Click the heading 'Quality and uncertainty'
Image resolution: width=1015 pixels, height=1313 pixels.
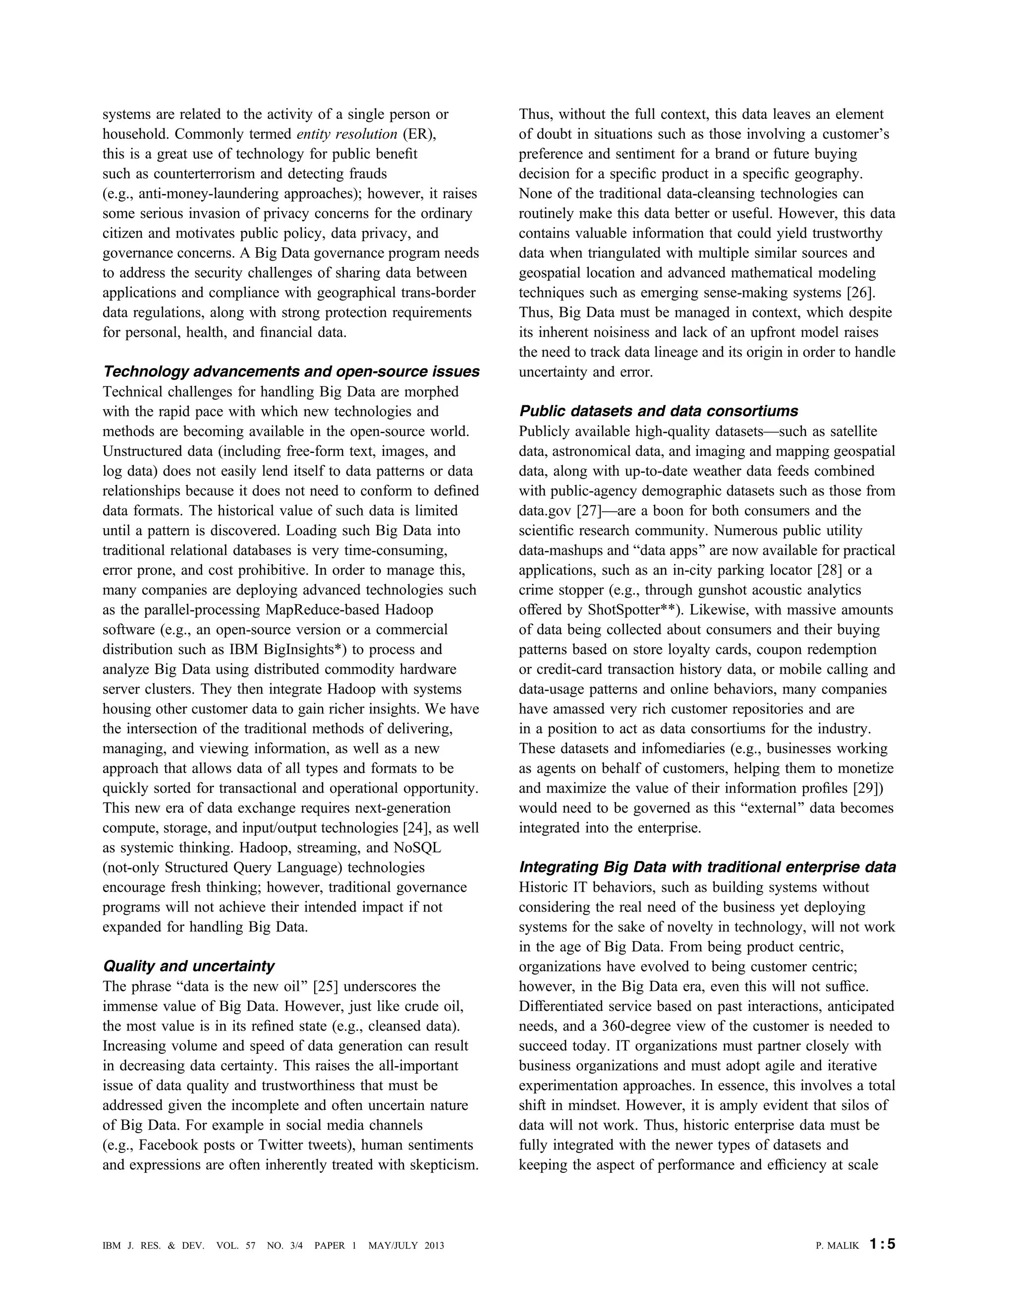pos(188,966)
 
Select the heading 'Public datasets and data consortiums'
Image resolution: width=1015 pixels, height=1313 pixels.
pos(659,411)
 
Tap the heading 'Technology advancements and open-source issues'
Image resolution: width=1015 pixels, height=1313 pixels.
pos(291,372)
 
